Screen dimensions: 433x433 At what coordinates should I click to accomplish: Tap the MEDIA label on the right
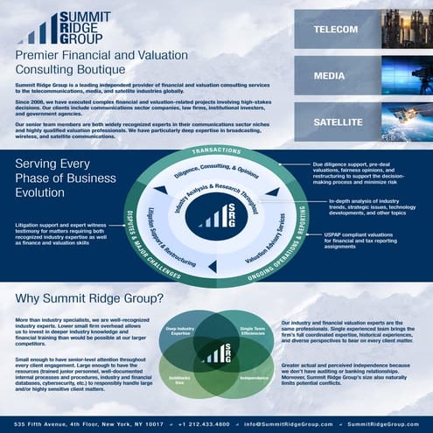(328, 75)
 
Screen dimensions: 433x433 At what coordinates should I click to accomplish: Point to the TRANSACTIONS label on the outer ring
(216, 149)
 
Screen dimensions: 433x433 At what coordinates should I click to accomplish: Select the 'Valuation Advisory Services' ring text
(265, 238)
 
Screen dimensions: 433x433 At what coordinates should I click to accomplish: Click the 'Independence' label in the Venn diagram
(253, 378)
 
